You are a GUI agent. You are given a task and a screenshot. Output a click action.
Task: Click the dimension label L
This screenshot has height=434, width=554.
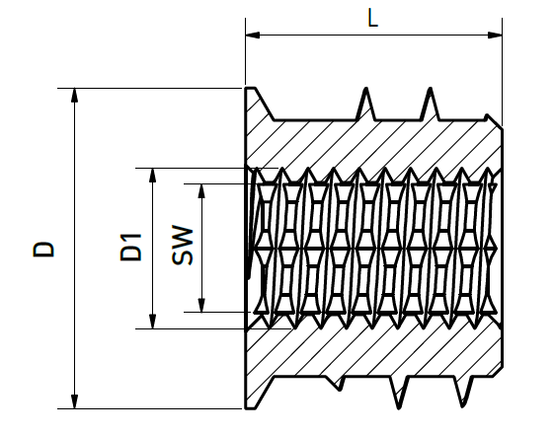click(x=372, y=19)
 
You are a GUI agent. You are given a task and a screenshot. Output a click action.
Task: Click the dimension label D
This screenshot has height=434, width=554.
click(x=43, y=250)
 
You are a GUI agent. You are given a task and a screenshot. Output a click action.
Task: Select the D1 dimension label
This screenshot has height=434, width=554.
click(x=130, y=248)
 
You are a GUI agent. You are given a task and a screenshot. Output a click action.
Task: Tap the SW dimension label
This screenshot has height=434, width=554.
click(x=183, y=245)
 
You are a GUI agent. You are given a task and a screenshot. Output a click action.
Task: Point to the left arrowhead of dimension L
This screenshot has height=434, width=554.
click(x=252, y=35)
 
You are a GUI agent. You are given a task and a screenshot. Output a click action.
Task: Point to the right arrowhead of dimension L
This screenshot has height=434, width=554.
click(x=495, y=35)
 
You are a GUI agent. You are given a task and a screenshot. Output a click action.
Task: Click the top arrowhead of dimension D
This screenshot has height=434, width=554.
click(x=74, y=95)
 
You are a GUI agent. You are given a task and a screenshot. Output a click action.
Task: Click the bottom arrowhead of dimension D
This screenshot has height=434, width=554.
click(x=74, y=401)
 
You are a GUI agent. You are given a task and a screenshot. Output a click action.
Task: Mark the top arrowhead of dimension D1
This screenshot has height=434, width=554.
click(x=152, y=175)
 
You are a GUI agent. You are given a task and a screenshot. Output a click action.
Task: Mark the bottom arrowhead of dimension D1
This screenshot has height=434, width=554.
click(x=152, y=322)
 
